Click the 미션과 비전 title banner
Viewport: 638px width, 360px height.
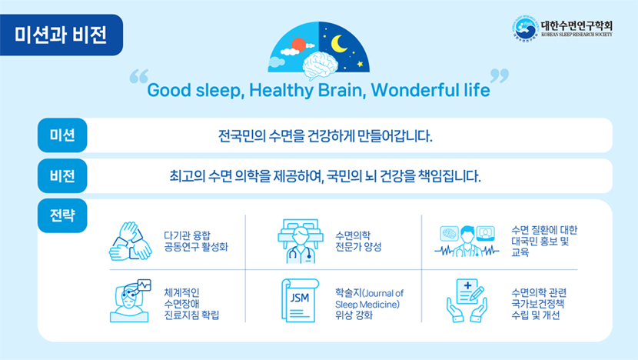pyautogui.click(x=61, y=35)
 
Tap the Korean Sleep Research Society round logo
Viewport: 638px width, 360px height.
pyautogui.click(x=525, y=29)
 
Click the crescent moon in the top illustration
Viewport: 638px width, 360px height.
pyautogui.click(x=338, y=44)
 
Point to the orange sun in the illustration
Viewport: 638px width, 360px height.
pyautogui.click(x=299, y=45)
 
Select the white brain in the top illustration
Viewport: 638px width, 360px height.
pyautogui.click(x=321, y=65)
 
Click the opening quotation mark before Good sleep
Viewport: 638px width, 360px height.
pyautogui.click(x=139, y=76)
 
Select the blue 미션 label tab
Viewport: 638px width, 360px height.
pyautogui.click(x=62, y=135)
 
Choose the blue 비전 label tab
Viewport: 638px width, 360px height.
pyautogui.click(x=62, y=176)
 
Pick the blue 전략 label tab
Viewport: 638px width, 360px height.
pyautogui.click(x=62, y=215)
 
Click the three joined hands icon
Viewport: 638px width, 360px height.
pyautogui.click(x=131, y=241)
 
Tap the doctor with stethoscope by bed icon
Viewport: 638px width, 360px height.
pyautogui.click(x=301, y=241)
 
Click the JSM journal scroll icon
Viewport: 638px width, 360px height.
pyautogui.click(x=301, y=301)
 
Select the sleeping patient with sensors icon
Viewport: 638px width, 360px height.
pyautogui.click(x=130, y=301)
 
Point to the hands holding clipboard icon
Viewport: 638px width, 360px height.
pyautogui.click(x=467, y=301)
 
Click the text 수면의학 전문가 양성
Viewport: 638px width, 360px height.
pyautogui.click(x=358, y=241)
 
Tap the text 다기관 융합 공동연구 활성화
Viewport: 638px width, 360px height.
pyautogui.click(x=196, y=241)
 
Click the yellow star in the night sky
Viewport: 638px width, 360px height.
pyautogui.click(x=360, y=64)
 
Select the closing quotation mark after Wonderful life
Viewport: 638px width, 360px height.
pyautogui.click(x=499, y=76)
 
